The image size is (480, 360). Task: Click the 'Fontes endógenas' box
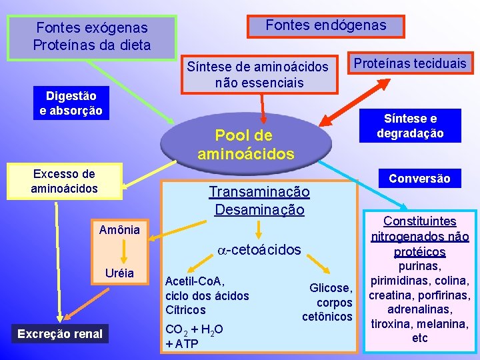[325, 25]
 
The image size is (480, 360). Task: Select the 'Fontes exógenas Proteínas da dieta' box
[93, 37]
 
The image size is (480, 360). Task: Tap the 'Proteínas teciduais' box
[410, 63]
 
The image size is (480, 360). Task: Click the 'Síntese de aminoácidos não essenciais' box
[258, 74]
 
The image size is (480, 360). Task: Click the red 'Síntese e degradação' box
[410, 126]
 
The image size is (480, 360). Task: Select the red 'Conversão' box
[419, 178]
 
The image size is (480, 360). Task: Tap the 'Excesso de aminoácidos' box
[64, 181]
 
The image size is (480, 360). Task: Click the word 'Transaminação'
[259, 192]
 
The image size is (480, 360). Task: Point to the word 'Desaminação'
[259, 209]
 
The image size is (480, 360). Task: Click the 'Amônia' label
[119, 230]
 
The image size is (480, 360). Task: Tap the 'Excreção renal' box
[61, 333]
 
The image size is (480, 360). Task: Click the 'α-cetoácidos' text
[259, 249]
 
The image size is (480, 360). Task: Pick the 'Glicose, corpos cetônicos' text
[327, 302]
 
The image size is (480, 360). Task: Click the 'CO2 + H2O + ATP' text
[194, 335]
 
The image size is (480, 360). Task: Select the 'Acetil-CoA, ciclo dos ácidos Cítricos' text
[207, 295]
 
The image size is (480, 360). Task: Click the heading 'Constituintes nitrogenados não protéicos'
[420, 236]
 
